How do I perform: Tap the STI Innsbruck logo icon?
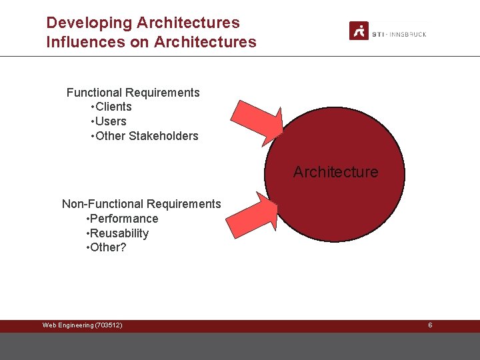point(359,31)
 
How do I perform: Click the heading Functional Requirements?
point(133,93)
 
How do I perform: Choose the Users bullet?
point(108,121)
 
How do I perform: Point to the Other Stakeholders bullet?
point(144,136)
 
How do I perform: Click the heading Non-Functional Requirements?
point(141,204)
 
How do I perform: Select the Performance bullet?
point(123,219)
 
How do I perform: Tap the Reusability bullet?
point(118,233)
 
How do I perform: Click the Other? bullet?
point(107,247)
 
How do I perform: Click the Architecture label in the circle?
point(335,172)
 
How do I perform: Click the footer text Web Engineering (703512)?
point(82,325)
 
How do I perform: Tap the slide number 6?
point(430,325)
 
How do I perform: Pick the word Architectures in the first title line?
point(188,23)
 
